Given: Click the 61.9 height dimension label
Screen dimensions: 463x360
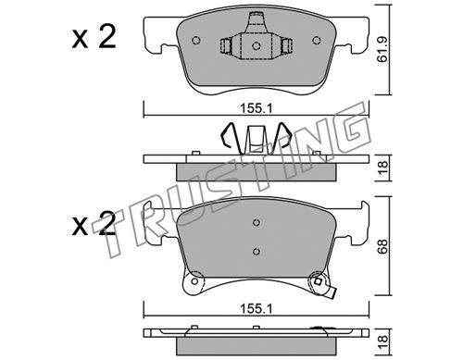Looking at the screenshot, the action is coord(382,51).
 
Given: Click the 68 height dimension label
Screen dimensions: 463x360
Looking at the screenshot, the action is coord(382,246).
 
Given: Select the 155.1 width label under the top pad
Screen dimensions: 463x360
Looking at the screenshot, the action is coord(257,108).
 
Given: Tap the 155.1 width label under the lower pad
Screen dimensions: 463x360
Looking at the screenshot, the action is coord(257,308).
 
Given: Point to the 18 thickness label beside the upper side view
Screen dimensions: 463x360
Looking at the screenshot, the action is coord(382,168).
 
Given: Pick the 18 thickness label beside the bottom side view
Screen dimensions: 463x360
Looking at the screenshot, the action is coord(382,342).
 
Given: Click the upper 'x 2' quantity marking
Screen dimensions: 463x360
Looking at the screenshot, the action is coord(94,37).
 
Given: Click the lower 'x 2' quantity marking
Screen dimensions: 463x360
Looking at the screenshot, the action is coord(94,224).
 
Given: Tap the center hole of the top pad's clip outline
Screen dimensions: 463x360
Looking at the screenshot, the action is coord(256,46).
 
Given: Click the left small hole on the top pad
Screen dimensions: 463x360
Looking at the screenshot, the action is coord(196,41).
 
